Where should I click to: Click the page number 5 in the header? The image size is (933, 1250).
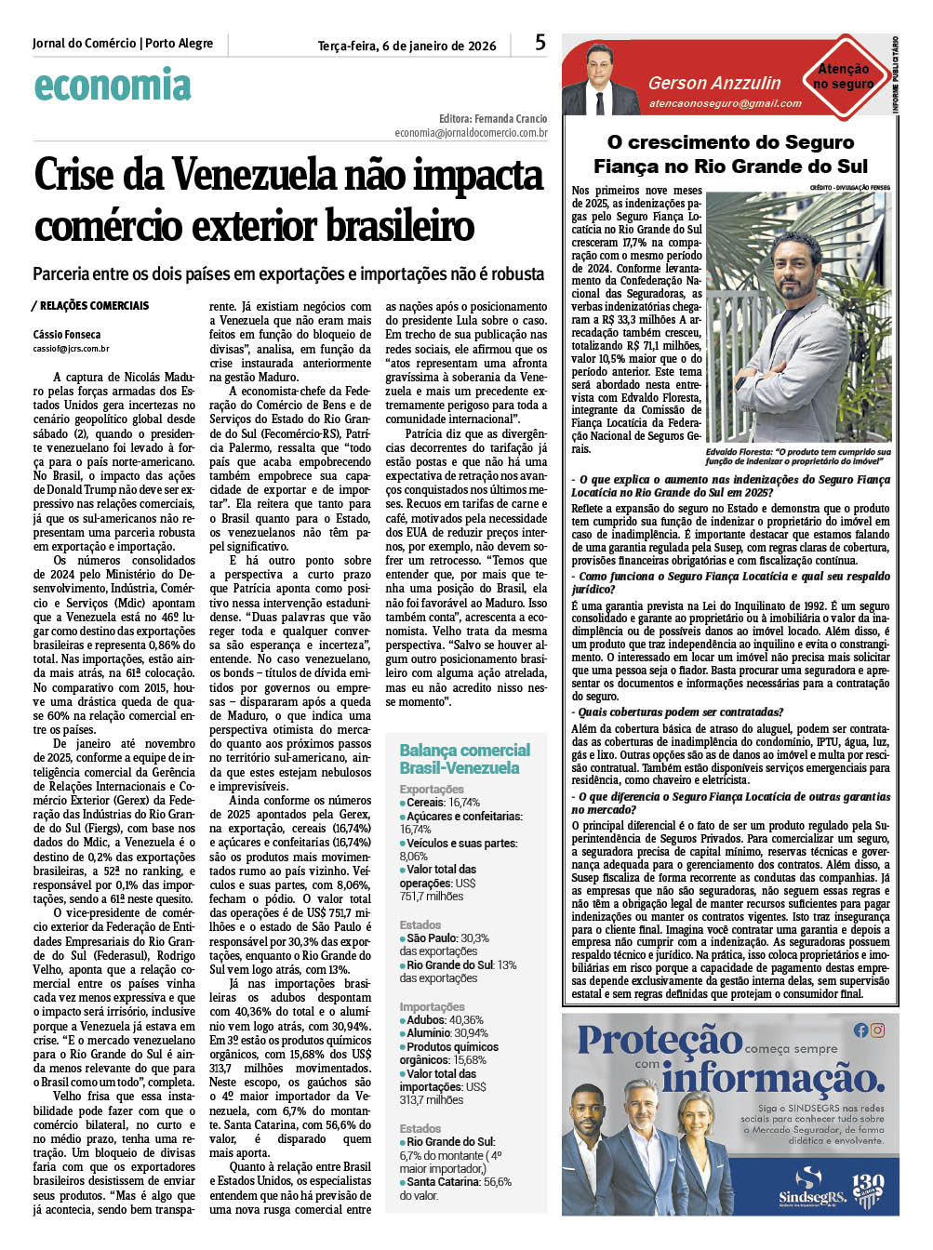[540, 42]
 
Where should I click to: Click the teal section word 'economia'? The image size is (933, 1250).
[113, 86]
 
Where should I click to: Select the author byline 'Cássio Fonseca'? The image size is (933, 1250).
[67, 334]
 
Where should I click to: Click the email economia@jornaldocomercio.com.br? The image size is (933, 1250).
[471, 133]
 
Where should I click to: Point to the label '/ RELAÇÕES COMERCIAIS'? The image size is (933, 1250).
[90, 305]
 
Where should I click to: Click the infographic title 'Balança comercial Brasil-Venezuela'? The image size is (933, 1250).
[464, 759]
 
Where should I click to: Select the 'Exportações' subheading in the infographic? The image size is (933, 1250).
[432, 789]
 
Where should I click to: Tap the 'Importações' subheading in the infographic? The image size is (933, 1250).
[432, 1006]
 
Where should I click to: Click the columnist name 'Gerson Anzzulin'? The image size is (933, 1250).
[714, 84]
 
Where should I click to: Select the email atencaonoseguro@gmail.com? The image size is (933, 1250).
[725, 103]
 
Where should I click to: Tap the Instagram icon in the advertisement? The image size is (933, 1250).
[877, 1030]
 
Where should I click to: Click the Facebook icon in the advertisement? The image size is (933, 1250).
[860, 1030]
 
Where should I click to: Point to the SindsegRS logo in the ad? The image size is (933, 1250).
[809, 1186]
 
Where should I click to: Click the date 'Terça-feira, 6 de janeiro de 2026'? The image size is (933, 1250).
[407, 46]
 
